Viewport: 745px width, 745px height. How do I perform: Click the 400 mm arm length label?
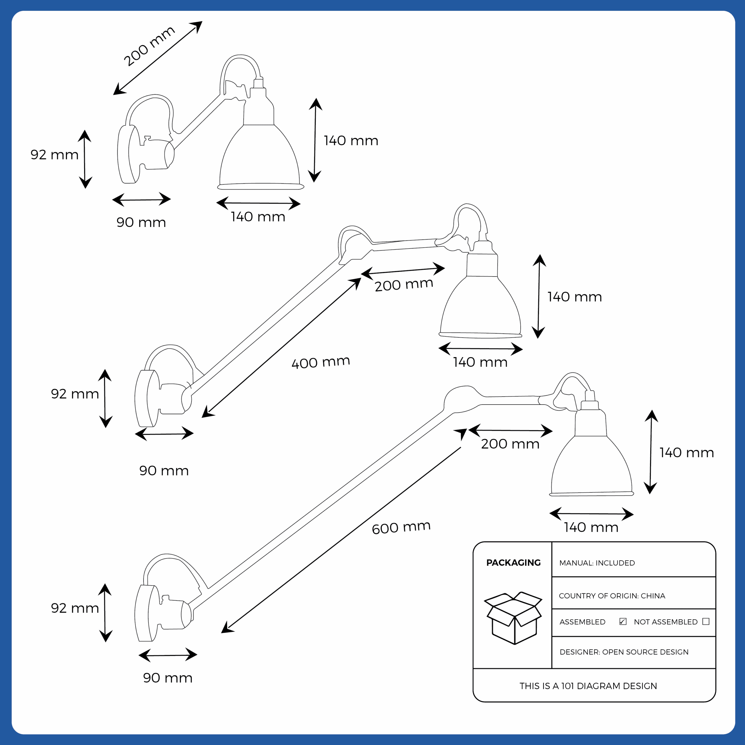[321, 362]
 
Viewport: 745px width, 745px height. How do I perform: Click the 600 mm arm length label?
[401, 527]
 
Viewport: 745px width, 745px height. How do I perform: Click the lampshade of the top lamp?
[260, 156]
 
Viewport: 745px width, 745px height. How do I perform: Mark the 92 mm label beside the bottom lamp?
[75, 608]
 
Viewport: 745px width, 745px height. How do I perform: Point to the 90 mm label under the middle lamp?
[164, 471]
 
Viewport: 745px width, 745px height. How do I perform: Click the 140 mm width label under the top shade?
[258, 217]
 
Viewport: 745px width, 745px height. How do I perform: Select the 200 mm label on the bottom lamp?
[510, 444]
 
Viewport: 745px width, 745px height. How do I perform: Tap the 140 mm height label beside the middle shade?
[574, 297]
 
